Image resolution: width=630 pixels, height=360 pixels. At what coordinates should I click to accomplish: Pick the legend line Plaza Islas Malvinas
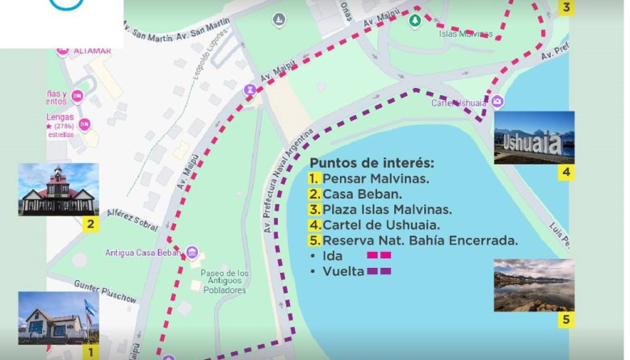(380, 209)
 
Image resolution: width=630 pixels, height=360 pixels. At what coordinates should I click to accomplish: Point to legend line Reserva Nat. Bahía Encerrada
(413, 241)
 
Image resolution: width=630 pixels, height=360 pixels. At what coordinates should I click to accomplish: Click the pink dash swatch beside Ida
(379, 256)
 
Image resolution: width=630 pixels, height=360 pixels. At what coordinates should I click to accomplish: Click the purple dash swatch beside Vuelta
(379, 272)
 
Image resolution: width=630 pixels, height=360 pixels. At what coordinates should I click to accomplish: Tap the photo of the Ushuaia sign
(533, 138)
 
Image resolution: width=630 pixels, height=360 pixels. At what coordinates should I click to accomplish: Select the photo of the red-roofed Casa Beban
(58, 190)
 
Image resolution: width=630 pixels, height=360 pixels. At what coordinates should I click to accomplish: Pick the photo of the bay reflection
(534, 285)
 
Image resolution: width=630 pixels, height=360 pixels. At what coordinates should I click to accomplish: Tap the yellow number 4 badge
(566, 172)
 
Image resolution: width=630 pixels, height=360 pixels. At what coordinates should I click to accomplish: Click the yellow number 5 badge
(566, 320)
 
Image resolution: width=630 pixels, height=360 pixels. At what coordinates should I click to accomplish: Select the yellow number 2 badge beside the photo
(90, 224)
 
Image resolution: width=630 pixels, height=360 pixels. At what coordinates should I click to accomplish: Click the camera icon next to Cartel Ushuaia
(498, 102)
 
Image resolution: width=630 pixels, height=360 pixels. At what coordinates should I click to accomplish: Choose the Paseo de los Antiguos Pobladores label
(223, 281)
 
